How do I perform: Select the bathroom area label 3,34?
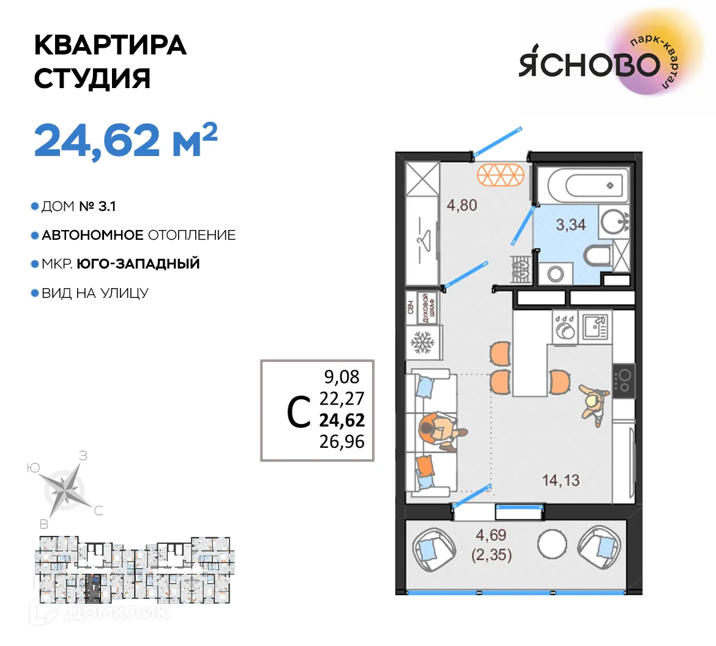(x=570, y=225)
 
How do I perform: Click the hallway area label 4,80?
(x=461, y=205)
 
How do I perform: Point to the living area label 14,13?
(x=561, y=480)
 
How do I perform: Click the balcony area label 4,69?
(x=491, y=535)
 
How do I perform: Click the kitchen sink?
(x=594, y=327)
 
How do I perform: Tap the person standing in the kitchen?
(x=593, y=404)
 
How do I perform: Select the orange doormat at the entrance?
(x=501, y=175)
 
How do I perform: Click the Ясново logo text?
(x=589, y=64)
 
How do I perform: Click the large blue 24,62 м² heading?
(x=125, y=140)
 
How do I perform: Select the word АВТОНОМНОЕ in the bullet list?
(x=92, y=235)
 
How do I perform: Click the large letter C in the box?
(x=299, y=412)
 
